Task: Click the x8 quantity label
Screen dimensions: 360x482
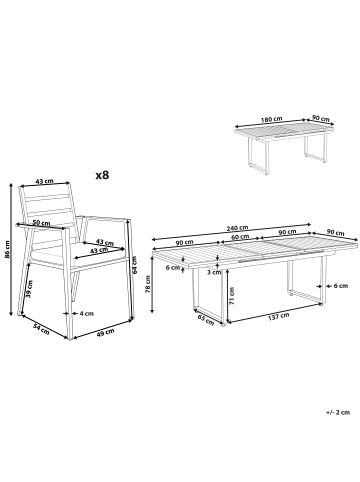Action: tap(102, 175)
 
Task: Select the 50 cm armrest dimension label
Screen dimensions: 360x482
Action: tap(41, 223)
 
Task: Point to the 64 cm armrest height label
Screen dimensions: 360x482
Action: tap(135, 264)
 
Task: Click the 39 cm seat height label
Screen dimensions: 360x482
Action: tap(30, 289)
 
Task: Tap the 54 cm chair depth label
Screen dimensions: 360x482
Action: tap(41, 329)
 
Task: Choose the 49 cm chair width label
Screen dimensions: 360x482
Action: tap(105, 333)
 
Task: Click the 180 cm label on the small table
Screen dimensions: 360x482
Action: tap(272, 119)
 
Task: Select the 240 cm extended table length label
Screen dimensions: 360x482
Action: tap(237, 228)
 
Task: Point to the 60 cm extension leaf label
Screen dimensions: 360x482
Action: tap(241, 237)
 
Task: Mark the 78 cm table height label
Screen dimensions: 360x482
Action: tap(148, 284)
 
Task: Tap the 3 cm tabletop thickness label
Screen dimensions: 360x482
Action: tap(214, 272)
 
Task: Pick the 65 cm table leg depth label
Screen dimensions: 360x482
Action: tap(206, 320)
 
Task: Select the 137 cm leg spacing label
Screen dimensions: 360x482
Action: tap(279, 315)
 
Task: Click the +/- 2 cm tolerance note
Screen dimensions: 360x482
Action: tap(338, 412)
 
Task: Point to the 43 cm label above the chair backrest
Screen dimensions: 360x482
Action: tap(44, 181)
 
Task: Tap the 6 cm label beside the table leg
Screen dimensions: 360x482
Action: tap(341, 286)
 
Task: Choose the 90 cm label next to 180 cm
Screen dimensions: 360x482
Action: tap(320, 119)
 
